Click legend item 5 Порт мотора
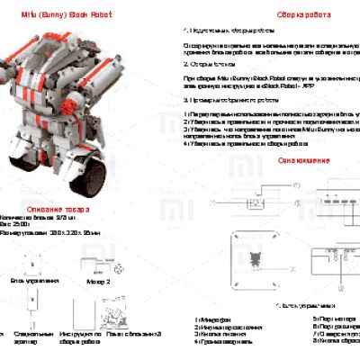329,318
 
